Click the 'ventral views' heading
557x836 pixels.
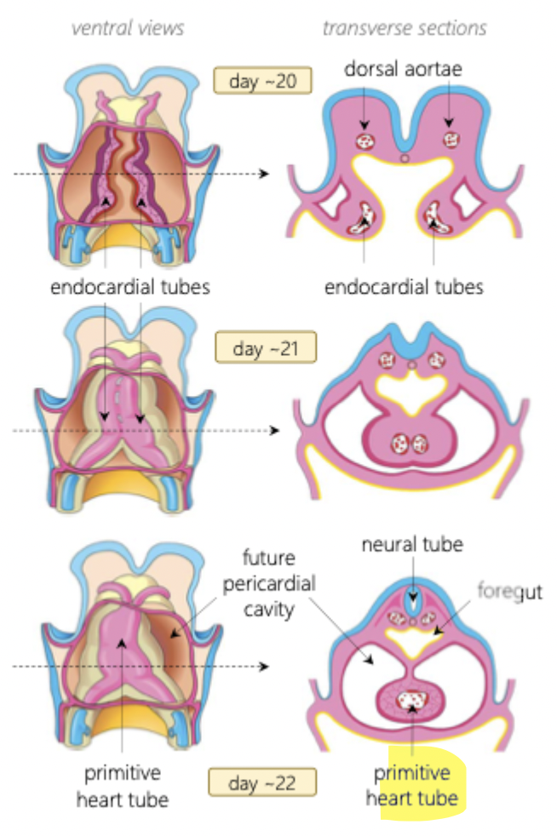pos(128,28)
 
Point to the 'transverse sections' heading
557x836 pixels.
pos(405,28)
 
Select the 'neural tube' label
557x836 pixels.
pos(412,544)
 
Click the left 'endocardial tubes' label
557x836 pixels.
pos(129,287)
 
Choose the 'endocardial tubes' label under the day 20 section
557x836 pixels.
pos(404,287)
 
